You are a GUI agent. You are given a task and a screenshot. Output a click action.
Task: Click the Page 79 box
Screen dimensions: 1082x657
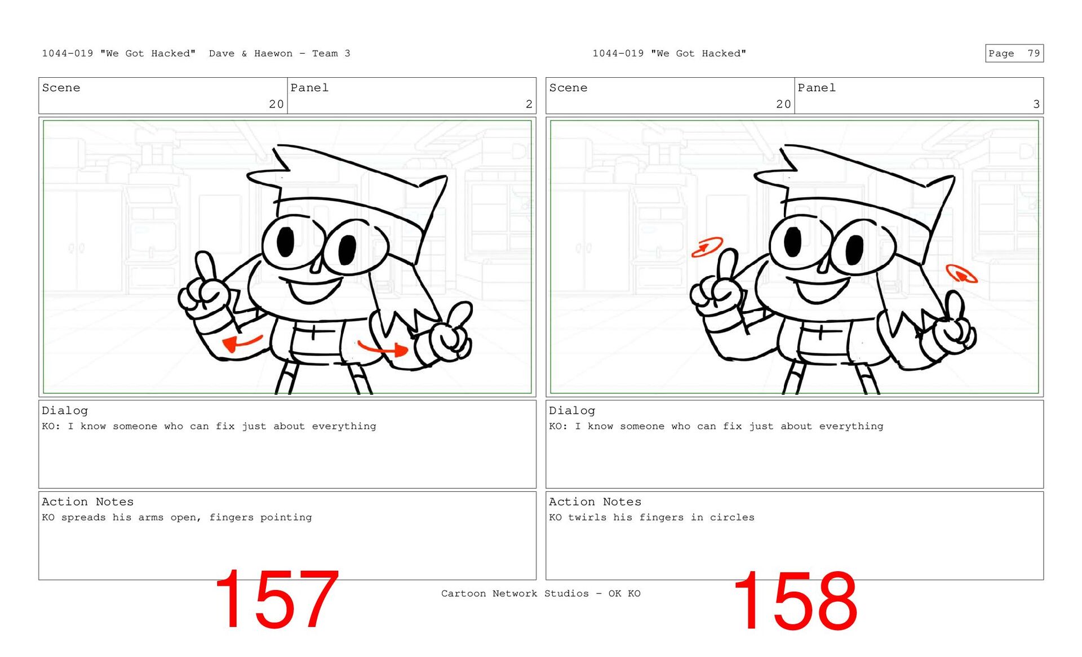(1014, 53)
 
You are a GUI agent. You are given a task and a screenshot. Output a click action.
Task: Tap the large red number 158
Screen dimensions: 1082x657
(795, 601)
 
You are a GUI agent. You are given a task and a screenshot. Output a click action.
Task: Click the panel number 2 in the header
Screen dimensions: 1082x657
(529, 104)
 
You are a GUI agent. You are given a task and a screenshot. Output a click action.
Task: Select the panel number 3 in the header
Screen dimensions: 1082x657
(1036, 104)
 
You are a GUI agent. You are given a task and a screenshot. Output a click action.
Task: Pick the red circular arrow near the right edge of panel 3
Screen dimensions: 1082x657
(961, 273)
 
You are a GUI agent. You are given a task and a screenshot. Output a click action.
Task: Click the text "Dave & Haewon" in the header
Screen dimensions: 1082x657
(251, 54)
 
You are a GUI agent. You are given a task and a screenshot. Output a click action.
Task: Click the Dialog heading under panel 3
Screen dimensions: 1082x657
(572, 411)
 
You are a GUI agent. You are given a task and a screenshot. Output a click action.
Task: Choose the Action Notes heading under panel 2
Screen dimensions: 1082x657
(87, 501)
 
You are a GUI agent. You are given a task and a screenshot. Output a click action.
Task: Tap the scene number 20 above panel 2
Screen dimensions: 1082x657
(276, 104)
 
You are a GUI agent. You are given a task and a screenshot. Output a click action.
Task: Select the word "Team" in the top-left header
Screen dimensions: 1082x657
(325, 54)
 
